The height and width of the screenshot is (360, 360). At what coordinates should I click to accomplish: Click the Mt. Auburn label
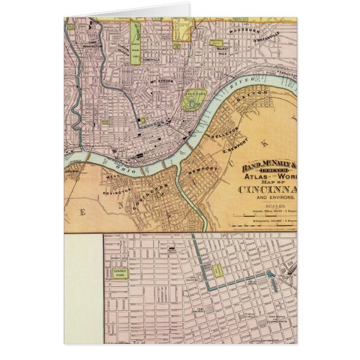(162, 82)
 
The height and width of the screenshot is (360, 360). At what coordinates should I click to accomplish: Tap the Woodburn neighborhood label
(241, 30)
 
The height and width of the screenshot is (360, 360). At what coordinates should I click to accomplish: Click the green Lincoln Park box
(121, 273)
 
